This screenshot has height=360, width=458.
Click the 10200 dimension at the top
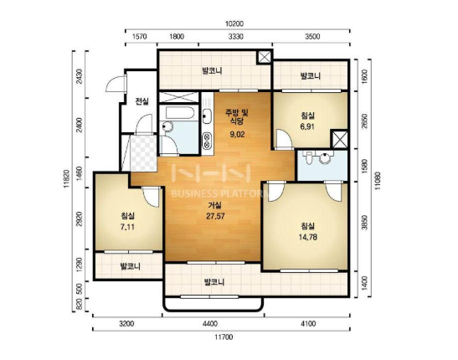pos(234,23)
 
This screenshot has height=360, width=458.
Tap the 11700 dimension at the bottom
pos(224,337)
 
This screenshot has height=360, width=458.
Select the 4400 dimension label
pos(210,324)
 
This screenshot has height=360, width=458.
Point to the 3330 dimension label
pos(236,37)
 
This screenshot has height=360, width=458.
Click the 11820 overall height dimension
pos(67,178)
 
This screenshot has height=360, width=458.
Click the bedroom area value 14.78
pos(308,237)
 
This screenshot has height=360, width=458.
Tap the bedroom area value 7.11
pos(127,227)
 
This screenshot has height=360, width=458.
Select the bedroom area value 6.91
pos(307,126)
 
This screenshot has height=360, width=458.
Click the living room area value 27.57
pos(215,216)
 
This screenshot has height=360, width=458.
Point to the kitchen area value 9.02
pos(237,135)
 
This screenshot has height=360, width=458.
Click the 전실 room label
pos(142,101)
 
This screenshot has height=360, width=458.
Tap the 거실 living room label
pos(215,205)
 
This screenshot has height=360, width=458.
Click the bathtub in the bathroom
pos(178,113)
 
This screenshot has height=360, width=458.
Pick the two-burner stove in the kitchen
pos(207,141)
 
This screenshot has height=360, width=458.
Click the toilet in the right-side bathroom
pos(308,157)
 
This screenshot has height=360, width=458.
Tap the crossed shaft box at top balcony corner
pos(265,57)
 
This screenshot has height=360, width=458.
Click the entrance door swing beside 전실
pos(116,84)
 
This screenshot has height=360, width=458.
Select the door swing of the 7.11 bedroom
pos(152,196)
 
